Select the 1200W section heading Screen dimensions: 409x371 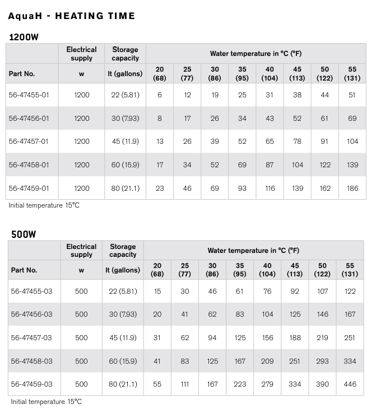tap(24, 37)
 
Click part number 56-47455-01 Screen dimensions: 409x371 tap(29, 95)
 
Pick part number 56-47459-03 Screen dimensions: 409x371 tap(31, 384)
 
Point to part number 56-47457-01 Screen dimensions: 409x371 tap(29, 142)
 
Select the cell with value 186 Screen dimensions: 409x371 tap(352, 188)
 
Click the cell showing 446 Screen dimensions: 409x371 tap(350, 384)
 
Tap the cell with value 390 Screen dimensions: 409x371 tap(322, 384)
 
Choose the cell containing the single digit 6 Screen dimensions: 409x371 tap(160, 95)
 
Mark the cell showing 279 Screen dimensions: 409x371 tap(267, 384)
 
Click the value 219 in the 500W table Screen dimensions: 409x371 tap(322, 337)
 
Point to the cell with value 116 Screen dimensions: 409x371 tap(270, 188)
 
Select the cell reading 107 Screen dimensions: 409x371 tap(322, 291)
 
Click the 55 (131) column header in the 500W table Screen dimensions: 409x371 tap(350, 270)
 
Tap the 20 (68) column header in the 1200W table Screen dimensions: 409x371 tap(160, 73)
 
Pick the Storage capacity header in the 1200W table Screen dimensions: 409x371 tap(125, 54)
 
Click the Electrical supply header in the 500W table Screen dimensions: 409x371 tap(81, 250)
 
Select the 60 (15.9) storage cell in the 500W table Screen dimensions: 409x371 tap(123, 361)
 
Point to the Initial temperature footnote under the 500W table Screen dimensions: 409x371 tap(45, 402)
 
